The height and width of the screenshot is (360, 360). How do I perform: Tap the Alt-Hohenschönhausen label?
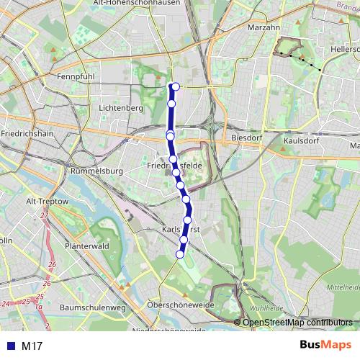point(138,4)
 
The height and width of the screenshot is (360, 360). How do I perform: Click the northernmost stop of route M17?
point(174,87)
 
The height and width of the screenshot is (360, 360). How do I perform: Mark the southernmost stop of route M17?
point(180,254)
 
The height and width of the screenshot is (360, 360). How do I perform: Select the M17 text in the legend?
point(32,346)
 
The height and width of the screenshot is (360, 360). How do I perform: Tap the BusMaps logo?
point(325,345)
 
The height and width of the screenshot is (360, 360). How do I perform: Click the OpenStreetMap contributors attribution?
point(297,323)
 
